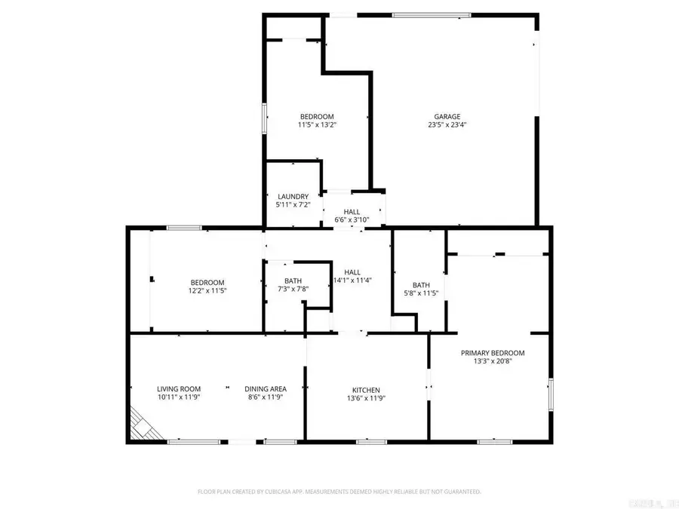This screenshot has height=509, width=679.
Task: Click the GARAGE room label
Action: tap(447, 117)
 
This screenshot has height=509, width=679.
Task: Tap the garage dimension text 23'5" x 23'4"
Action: tap(447, 126)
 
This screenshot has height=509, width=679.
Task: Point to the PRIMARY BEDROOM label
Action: tap(493, 352)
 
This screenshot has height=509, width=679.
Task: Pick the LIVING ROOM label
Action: tap(178, 388)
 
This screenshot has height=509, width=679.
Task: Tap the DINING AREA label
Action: tap(266, 388)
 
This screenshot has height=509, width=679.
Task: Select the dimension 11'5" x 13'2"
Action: tap(315, 126)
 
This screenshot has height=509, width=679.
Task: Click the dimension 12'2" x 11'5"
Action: tap(207, 290)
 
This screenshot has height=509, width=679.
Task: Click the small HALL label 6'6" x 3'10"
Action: tap(352, 212)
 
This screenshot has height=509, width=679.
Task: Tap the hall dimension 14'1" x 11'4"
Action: tap(352, 281)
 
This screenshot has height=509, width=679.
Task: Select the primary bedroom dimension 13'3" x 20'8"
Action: tap(493, 361)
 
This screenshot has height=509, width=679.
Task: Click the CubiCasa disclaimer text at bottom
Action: tap(339, 491)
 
